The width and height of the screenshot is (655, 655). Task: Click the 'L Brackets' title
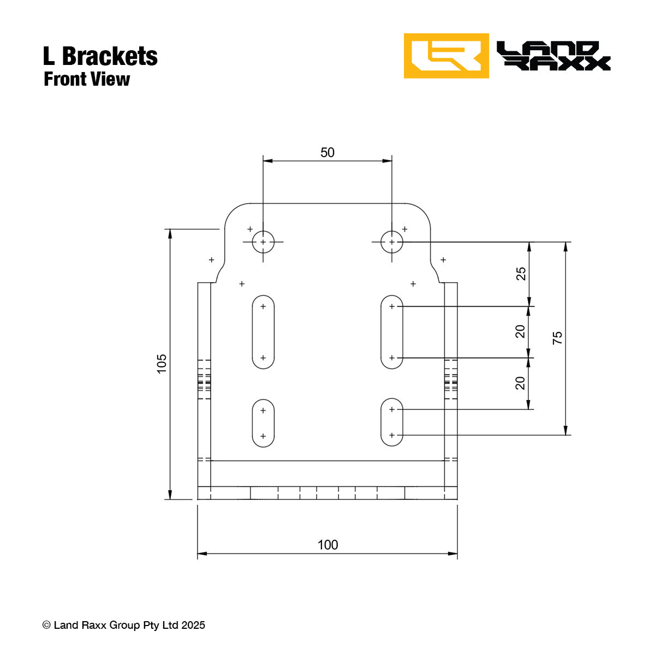click(x=100, y=56)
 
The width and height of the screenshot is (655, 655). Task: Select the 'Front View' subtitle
click(x=87, y=79)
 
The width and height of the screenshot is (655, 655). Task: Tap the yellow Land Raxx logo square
click(x=446, y=56)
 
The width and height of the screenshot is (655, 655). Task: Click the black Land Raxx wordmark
click(x=553, y=56)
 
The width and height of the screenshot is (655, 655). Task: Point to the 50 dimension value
click(x=327, y=152)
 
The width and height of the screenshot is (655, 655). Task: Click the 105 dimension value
click(x=162, y=364)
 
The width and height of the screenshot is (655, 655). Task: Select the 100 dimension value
click(x=327, y=545)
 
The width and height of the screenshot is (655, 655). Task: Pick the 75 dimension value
click(x=557, y=338)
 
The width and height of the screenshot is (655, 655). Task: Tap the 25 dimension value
click(x=521, y=273)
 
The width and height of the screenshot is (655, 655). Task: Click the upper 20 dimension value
click(x=521, y=331)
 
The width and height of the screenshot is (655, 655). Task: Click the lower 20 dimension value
click(x=521, y=383)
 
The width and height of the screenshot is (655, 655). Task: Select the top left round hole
click(x=263, y=242)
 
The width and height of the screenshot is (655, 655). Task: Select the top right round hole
click(x=392, y=242)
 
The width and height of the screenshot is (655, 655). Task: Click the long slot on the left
click(x=263, y=332)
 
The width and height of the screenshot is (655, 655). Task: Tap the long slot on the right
click(x=392, y=332)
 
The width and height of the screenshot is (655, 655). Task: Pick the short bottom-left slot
click(x=263, y=423)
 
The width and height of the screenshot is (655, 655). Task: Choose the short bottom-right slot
click(x=392, y=422)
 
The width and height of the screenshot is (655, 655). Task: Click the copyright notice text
click(x=124, y=625)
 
